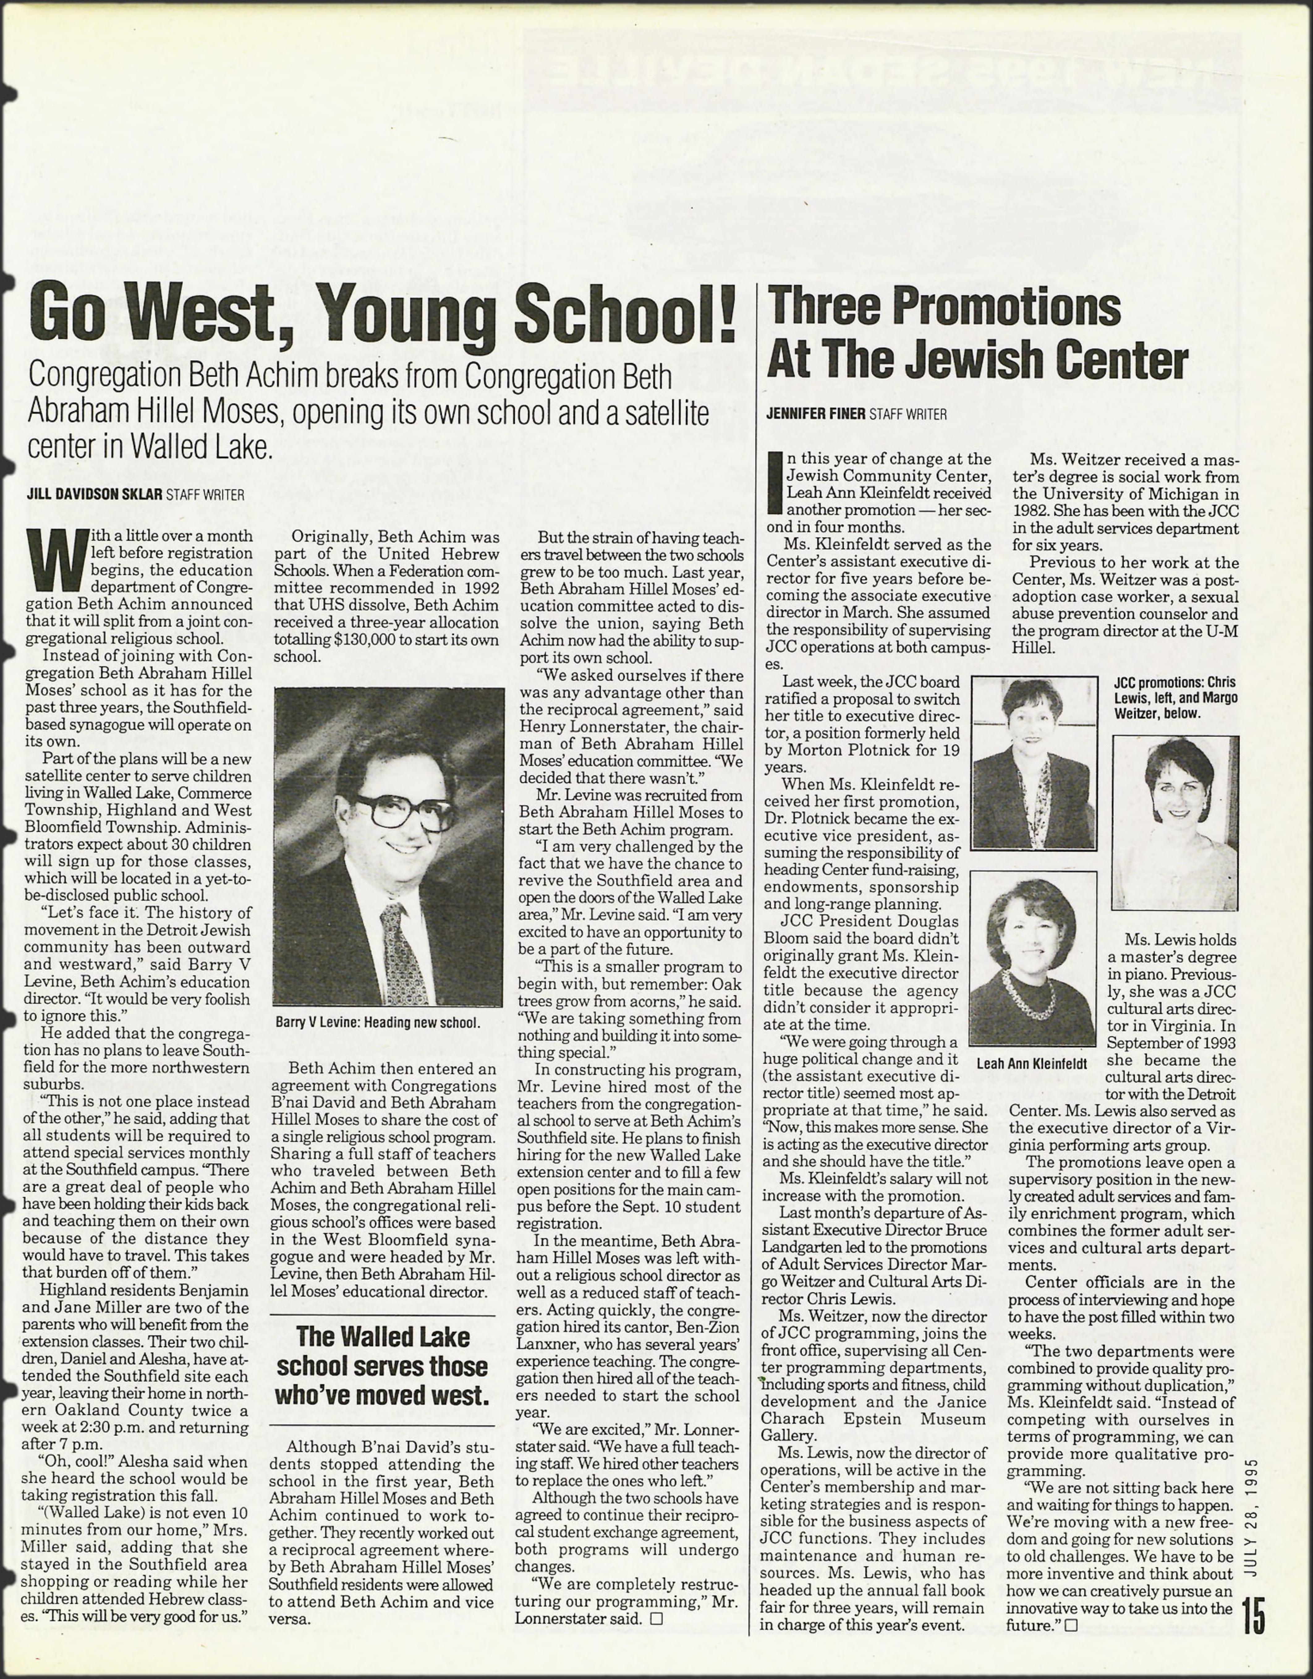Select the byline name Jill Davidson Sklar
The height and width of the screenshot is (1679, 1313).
point(95,494)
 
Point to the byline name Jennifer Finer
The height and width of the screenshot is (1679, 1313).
point(816,414)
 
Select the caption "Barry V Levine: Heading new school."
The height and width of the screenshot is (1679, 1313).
point(377,1023)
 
